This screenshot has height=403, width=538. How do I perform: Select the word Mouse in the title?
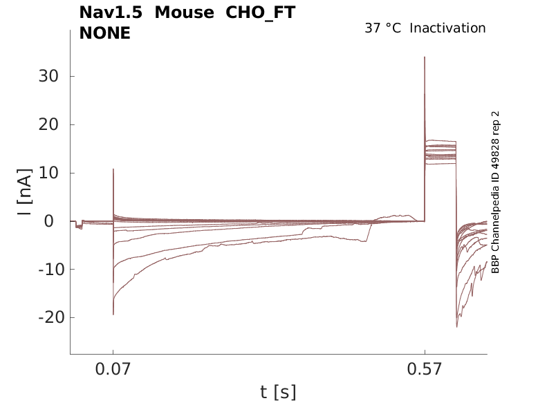click(183, 13)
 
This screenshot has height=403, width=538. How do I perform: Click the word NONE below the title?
click(105, 32)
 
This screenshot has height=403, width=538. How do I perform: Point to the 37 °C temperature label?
click(382, 28)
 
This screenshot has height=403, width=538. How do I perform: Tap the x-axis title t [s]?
click(278, 393)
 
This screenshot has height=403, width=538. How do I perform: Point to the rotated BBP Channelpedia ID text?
click(495, 192)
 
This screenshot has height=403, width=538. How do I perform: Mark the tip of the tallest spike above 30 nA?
click(425, 57)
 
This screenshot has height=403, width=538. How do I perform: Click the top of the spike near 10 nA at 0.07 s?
click(113, 169)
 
